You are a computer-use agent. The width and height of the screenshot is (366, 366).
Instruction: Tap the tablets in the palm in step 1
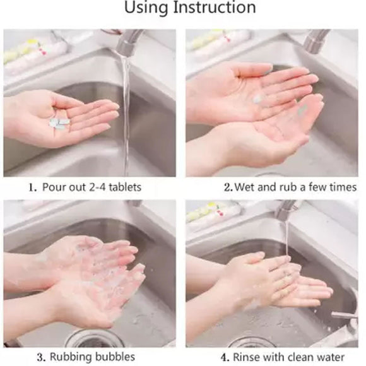pos(59,120)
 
